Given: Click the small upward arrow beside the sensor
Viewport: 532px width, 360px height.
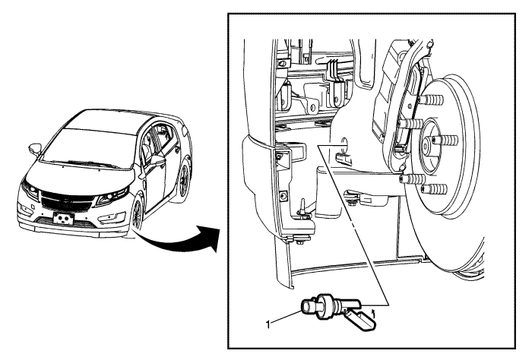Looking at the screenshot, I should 374,310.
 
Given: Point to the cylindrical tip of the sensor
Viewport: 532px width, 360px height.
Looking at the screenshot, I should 307,305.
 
